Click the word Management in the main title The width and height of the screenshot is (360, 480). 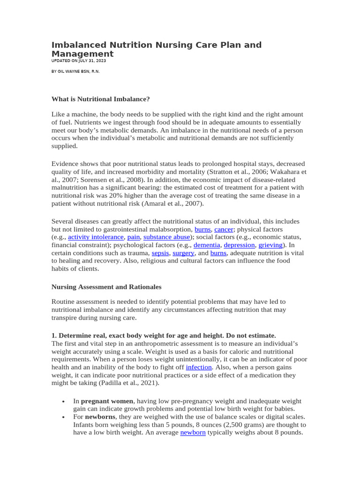click(x=82, y=54)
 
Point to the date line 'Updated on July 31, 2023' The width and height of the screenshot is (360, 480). click(x=79, y=60)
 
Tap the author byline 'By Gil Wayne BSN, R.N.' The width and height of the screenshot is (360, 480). click(x=75, y=71)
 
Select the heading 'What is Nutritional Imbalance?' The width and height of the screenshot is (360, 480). click(x=100, y=99)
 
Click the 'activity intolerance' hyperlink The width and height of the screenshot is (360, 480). click(x=96, y=237)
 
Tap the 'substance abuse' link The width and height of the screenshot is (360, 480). click(x=166, y=237)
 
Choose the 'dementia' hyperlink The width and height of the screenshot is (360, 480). click(x=206, y=245)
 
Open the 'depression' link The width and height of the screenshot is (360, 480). click(x=239, y=245)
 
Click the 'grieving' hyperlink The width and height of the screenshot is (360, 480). click(x=270, y=245)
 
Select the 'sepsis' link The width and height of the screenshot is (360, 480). click(x=160, y=253)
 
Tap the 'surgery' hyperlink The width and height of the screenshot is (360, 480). click(x=183, y=253)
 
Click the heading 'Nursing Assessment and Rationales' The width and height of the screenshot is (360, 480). click(x=106, y=286)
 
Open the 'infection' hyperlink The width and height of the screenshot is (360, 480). click(x=199, y=367)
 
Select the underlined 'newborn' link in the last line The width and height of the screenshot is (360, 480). click(x=193, y=433)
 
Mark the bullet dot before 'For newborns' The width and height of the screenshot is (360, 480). click(x=63, y=417)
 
